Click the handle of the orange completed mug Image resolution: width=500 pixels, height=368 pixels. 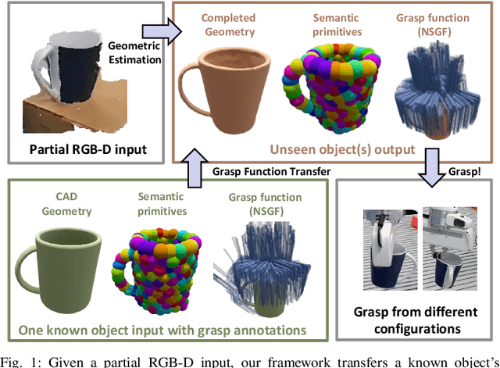tap(191, 88)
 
